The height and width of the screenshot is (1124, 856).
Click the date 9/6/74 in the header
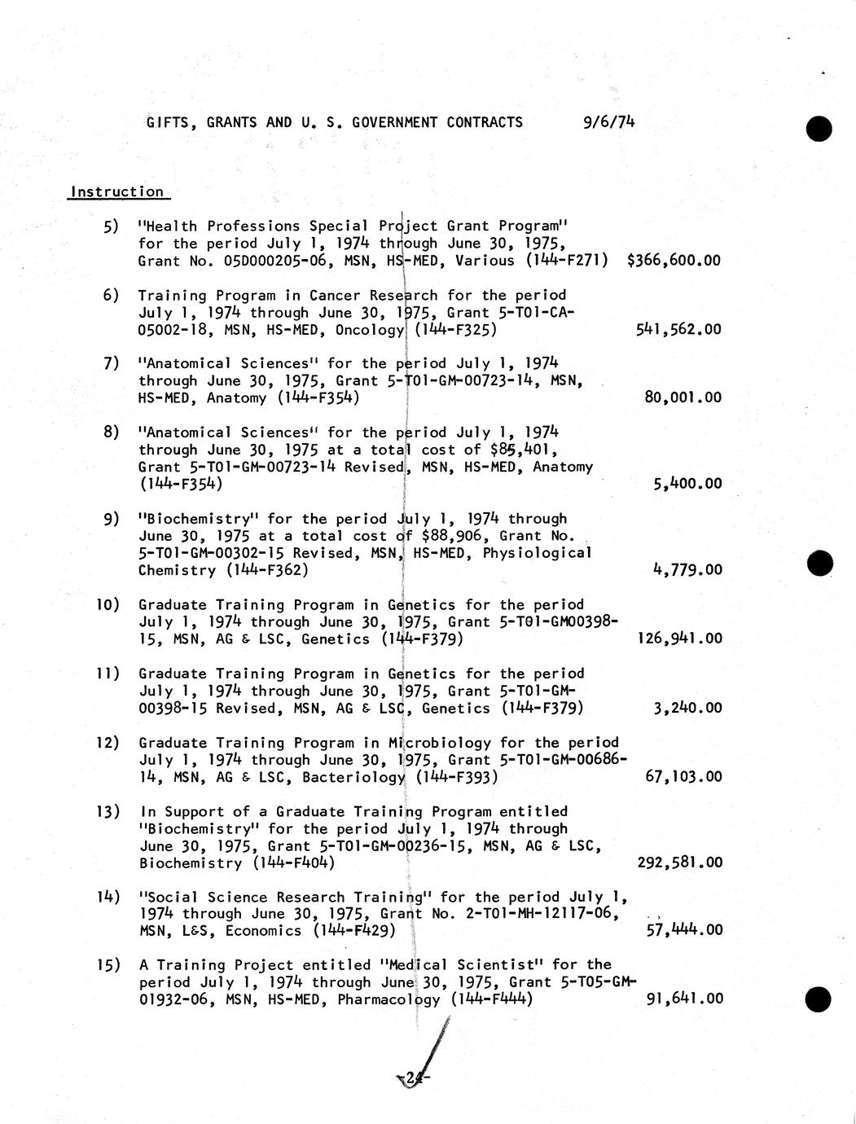pos(609,122)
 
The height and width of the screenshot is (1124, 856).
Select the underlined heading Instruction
pos(117,192)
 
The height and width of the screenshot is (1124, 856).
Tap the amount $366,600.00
pos(674,261)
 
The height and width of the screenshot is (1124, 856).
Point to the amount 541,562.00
pos(678,329)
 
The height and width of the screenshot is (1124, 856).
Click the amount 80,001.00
pos(683,397)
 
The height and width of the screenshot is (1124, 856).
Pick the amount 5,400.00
pos(687,483)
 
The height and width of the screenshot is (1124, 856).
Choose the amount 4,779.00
pos(687,569)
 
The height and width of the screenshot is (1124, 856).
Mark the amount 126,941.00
pos(678,638)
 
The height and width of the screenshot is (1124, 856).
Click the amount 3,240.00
pos(687,707)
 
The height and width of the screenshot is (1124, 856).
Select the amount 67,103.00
pos(683,776)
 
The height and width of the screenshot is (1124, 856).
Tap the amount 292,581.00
pos(679,862)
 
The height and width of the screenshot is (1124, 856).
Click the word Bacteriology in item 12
pos(353,777)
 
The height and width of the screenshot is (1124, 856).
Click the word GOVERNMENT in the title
pos(395,122)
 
